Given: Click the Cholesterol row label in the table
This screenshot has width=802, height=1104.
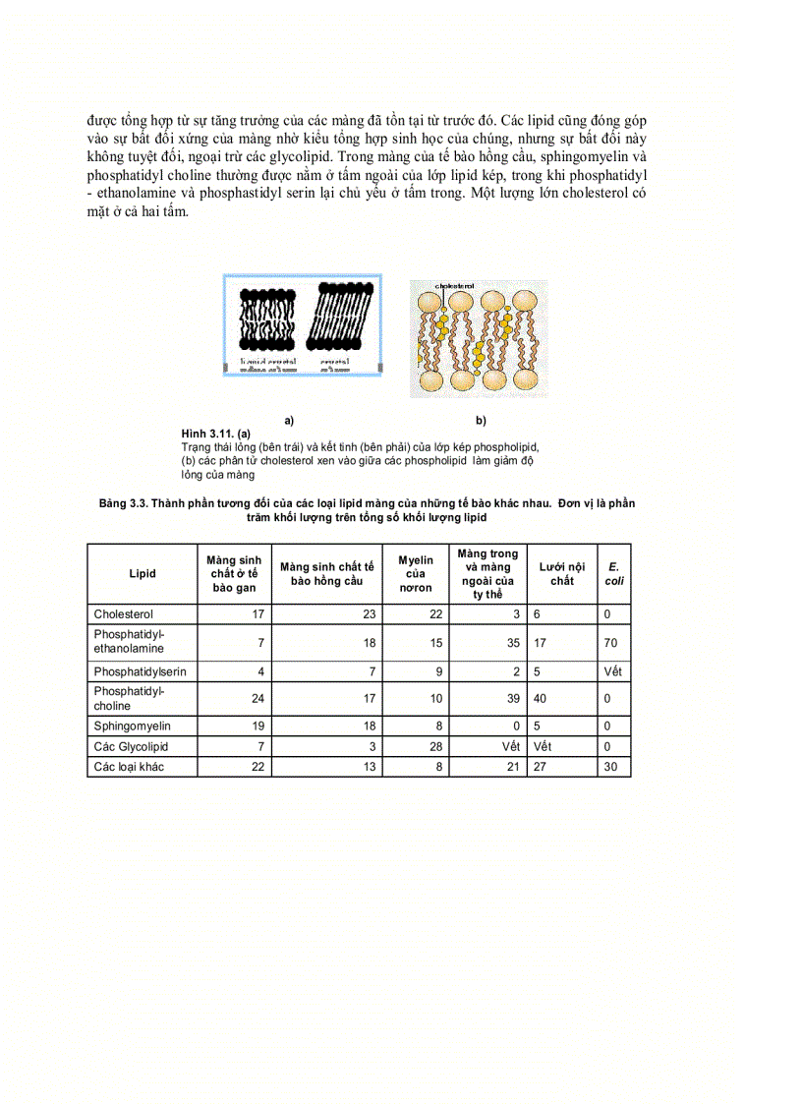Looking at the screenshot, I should point(123,614).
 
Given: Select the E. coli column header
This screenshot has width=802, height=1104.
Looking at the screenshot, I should point(613,574).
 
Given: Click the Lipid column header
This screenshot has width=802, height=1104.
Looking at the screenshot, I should point(143,574).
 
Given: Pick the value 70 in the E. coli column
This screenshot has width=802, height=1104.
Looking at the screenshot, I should point(611,642).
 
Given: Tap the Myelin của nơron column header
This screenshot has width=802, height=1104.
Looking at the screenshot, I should point(416,574).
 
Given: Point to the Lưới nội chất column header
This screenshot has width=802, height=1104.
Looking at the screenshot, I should point(562,574).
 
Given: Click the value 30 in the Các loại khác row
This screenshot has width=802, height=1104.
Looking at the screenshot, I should point(611,767).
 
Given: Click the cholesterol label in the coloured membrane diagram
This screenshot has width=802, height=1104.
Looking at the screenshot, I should point(454,286).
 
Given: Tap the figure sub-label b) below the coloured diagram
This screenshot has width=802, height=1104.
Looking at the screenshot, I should point(481,421).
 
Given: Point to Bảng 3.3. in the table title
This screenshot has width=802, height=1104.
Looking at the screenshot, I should point(123,503).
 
